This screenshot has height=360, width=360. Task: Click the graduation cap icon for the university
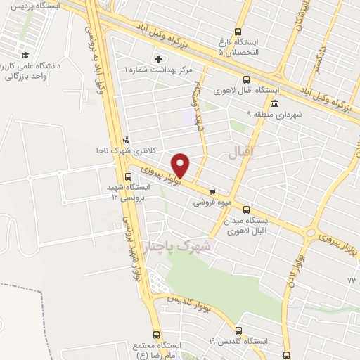pos(25,55)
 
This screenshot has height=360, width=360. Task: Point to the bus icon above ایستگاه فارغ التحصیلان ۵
pos(237,32)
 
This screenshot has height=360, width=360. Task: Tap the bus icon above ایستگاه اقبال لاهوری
pos(245,79)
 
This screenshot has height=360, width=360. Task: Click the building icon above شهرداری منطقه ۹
pos(274,103)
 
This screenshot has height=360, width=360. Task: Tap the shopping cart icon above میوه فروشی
pos(212,191)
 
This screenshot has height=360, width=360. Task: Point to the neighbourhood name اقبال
pos(243,151)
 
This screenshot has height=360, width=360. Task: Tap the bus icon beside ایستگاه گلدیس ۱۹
pos(238,330)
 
